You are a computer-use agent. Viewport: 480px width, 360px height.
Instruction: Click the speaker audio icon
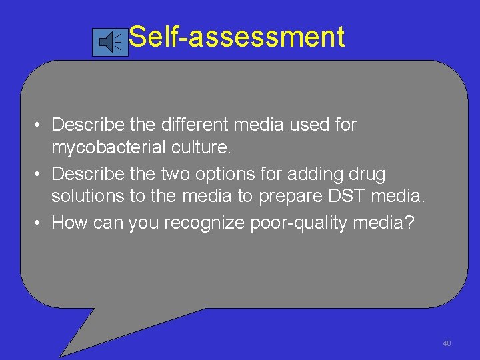110,43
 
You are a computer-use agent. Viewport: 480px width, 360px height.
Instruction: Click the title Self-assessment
237,37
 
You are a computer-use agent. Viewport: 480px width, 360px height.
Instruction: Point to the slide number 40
447,343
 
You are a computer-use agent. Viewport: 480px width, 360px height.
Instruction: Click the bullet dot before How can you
41,223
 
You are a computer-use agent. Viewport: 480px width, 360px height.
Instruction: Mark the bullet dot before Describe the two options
41,175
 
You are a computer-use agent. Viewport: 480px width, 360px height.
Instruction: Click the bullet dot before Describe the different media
41,125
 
